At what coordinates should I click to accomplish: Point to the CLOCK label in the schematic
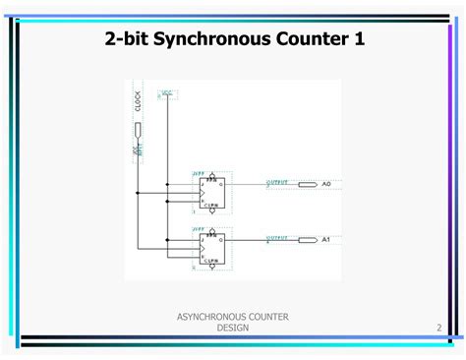point(138,101)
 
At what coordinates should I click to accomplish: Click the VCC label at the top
point(167,93)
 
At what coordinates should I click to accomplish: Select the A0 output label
point(327,184)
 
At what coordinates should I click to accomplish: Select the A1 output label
point(327,239)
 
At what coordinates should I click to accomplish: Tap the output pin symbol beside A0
point(308,184)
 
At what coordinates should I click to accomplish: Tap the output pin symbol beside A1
point(308,239)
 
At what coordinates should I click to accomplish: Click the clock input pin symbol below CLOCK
point(138,131)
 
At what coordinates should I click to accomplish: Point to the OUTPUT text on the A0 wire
point(279,181)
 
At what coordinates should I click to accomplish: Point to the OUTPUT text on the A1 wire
point(279,236)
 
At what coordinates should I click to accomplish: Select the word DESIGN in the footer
point(233,327)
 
